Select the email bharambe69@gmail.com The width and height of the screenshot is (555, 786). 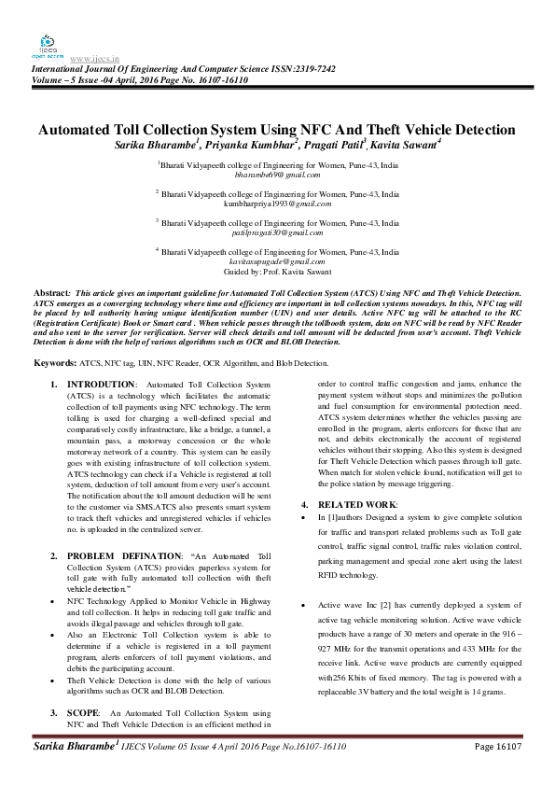click(277, 175)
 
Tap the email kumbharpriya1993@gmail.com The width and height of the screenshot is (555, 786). click(277, 204)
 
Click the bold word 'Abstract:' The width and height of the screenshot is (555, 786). click(51, 293)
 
